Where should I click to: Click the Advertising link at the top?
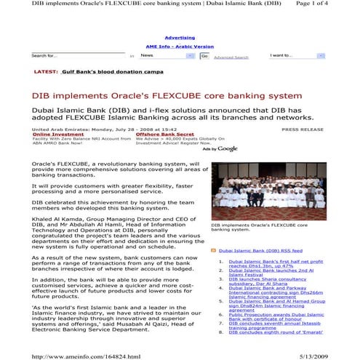point(180,37)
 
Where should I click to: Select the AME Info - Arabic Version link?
point(180,46)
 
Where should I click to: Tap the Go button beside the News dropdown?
point(204,56)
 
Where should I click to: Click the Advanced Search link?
point(231,57)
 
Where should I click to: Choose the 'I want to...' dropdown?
point(296,55)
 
